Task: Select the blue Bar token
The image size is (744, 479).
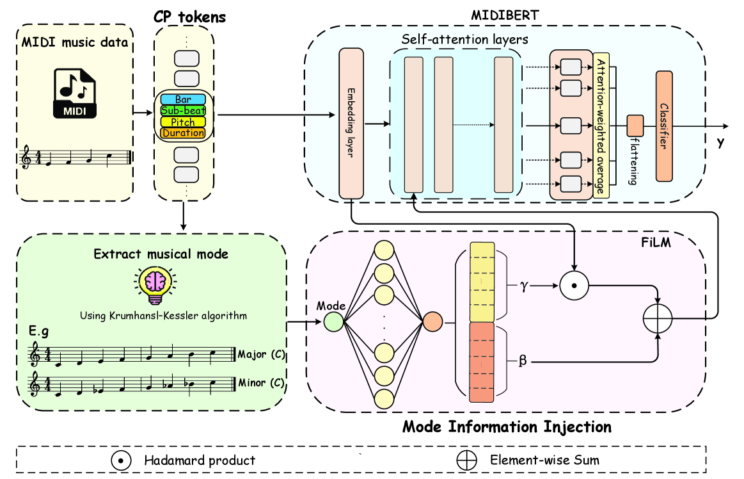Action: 183,99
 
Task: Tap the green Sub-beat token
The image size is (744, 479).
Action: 183,110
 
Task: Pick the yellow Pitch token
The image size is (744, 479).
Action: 183,122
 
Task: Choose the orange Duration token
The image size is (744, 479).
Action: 183,133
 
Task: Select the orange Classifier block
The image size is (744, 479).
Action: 664,126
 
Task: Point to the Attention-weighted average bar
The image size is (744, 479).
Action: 601,126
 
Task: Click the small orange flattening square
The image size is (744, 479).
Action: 635,125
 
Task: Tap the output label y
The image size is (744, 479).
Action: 720,143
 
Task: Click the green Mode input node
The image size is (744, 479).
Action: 333,321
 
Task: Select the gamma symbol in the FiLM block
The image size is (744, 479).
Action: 523,286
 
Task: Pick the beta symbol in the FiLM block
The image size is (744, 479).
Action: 523,361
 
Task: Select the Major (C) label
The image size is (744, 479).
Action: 260,354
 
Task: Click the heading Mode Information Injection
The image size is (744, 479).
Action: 507,426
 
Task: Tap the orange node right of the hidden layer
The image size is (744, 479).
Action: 432,321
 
